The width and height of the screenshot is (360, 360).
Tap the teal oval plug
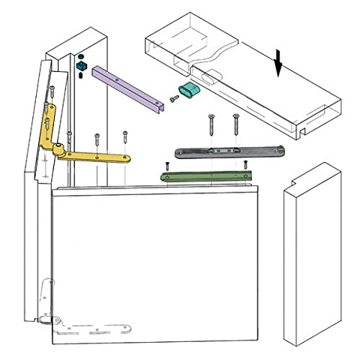coord(189,89)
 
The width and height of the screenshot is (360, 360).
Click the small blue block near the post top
coord(81,66)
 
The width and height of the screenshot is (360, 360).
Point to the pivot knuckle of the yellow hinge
coord(56,149)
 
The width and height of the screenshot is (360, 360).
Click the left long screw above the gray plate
coord(211,124)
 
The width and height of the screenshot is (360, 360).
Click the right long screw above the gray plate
coord(235,124)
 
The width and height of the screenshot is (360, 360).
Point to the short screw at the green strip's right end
coord(246,164)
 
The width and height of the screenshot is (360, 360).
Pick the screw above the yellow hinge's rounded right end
coord(125,139)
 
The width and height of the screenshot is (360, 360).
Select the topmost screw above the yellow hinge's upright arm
coord(53,93)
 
